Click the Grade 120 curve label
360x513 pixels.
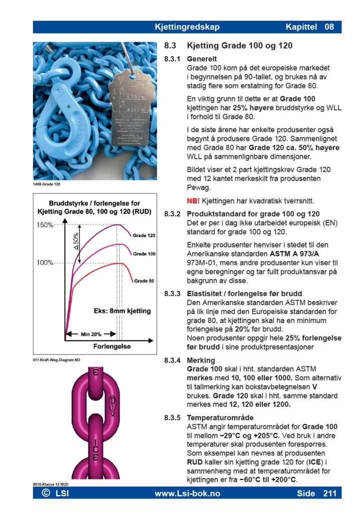(144, 235)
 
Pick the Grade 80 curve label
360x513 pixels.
(144, 281)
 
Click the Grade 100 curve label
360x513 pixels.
(144, 254)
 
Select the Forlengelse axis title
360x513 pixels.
(112, 346)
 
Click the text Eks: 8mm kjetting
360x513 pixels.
(122, 311)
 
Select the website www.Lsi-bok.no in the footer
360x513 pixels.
(187, 493)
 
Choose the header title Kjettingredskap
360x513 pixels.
(187, 27)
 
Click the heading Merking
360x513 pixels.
(201, 360)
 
